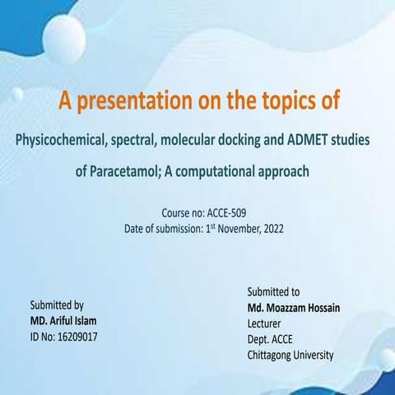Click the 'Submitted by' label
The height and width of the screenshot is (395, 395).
pyautogui.click(x=57, y=304)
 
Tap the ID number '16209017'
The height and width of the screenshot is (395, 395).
pyautogui.click(x=74, y=337)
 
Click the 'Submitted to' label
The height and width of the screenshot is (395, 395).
pyautogui.click(x=273, y=291)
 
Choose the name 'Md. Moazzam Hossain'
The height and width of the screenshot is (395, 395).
pyautogui.click(x=294, y=307)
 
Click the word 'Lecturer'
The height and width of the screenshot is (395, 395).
pyautogui.click(x=267, y=323)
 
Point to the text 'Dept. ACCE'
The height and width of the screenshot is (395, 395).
pyautogui.click(x=272, y=339)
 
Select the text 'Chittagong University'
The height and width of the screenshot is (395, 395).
pyautogui.click(x=290, y=355)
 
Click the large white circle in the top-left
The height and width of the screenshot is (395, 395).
pyautogui.click(x=63, y=38)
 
